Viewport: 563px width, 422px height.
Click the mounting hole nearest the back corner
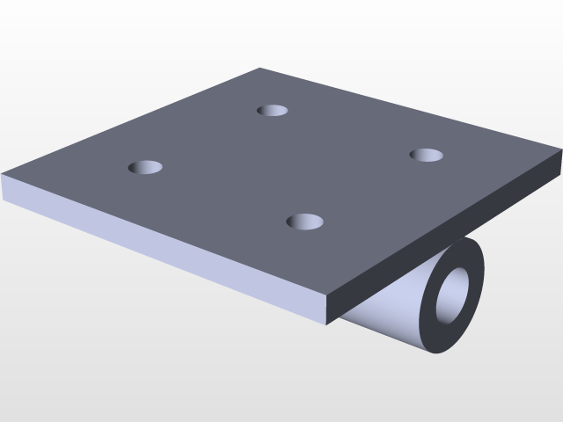click(x=273, y=111)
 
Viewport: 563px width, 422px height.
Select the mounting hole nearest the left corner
click(x=146, y=167)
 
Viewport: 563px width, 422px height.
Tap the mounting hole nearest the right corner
click(x=427, y=156)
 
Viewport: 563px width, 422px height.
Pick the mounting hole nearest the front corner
click(x=305, y=222)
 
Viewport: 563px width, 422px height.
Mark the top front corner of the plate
click(x=328, y=295)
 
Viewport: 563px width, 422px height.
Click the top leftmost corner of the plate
click(x=3, y=174)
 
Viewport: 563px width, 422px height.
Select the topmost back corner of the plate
click(x=260, y=69)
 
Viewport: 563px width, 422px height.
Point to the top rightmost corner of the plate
click(x=560, y=151)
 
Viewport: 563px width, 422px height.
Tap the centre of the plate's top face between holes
click(x=286, y=165)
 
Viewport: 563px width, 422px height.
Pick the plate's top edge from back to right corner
click(x=410, y=110)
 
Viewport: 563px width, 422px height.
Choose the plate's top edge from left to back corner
click(x=132, y=121)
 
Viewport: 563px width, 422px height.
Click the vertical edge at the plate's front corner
click(x=328, y=310)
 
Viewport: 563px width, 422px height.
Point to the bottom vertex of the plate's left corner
click(x=3, y=199)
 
